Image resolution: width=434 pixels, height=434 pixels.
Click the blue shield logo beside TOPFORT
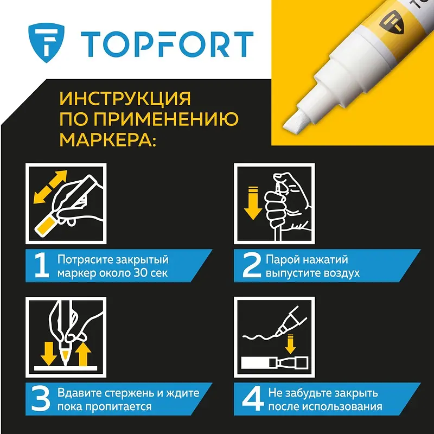point(46,42)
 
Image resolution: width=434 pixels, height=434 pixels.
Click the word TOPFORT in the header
point(167,44)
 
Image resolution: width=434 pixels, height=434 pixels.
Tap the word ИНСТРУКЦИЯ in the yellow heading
point(125,99)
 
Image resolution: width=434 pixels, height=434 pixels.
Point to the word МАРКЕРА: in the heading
point(108,139)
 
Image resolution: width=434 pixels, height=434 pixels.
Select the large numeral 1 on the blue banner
point(42,266)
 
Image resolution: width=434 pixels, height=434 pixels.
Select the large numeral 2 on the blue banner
point(252,266)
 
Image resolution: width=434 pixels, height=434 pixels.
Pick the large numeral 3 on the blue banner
point(41,399)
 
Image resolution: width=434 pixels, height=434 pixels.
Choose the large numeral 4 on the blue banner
point(253,399)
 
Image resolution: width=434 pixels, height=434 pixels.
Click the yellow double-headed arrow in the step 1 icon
point(50,187)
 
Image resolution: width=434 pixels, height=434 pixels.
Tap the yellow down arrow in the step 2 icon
point(253,203)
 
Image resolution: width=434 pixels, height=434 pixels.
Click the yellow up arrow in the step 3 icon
point(84,354)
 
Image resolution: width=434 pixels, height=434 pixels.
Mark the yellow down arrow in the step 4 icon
point(290,344)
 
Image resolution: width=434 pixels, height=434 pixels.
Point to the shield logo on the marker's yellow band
point(392,23)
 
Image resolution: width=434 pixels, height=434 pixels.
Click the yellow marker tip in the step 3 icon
point(66,357)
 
